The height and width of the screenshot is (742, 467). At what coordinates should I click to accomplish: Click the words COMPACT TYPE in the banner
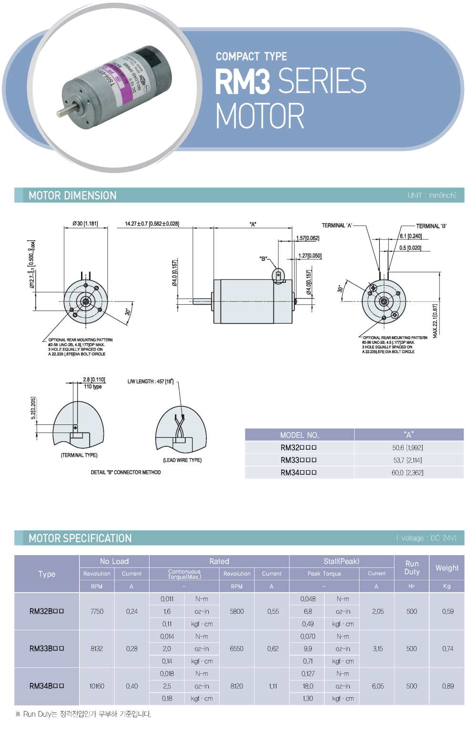click(x=251, y=57)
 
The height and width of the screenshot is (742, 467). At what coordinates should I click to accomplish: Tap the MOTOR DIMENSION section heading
click(x=72, y=196)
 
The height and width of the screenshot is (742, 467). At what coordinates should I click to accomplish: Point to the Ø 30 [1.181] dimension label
click(x=85, y=224)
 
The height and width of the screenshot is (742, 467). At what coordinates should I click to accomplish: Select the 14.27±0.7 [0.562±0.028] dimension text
click(x=152, y=224)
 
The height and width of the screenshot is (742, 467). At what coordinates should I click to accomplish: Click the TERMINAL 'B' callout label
click(x=431, y=226)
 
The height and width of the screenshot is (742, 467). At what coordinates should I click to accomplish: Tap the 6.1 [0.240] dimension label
click(x=411, y=236)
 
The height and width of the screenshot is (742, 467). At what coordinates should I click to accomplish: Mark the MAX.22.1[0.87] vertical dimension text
click(x=435, y=321)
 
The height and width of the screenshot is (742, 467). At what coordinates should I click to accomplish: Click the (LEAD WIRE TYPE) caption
click(x=182, y=460)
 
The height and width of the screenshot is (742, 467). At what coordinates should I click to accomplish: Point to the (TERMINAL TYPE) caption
click(x=79, y=455)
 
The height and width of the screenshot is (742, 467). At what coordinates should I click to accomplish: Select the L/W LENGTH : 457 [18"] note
click(x=151, y=381)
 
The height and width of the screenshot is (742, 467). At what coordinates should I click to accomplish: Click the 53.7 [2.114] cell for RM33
click(x=407, y=460)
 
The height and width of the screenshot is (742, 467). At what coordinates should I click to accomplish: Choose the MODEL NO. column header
click(x=299, y=435)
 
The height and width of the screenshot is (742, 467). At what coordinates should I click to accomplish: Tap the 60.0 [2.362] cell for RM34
click(x=407, y=473)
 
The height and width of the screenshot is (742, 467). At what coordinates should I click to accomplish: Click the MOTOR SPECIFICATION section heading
click(x=80, y=538)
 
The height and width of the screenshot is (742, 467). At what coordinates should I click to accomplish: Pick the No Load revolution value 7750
click(x=97, y=611)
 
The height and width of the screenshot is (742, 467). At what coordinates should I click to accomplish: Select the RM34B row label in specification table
click(x=47, y=686)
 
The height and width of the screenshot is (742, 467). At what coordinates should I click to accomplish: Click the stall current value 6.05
click(x=378, y=686)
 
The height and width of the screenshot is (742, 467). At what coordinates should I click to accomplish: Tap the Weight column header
click(x=447, y=568)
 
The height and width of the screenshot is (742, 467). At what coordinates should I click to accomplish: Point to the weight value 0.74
click(x=447, y=649)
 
